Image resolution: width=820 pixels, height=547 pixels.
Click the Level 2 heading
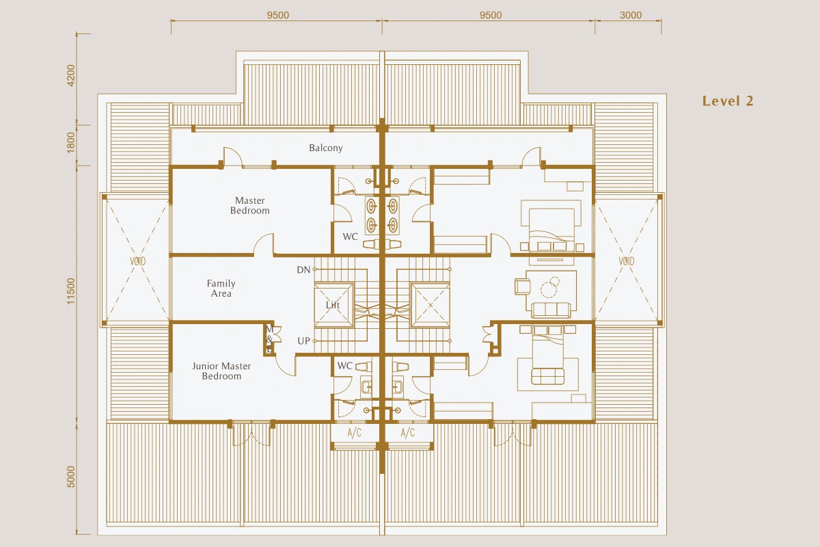(x=728, y=101)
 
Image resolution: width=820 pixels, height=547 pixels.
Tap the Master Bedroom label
(x=250, y=206)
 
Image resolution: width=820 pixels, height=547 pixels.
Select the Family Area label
(x=221, y=289)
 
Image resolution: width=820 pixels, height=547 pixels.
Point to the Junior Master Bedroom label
(x=221, y=371)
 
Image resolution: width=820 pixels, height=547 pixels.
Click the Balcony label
(x=326, y=148)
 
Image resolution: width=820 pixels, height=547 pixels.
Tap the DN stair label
(x=303, y=270)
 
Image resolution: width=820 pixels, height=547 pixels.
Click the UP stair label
(x=304, y=341)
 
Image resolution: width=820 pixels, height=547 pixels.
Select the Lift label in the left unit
(x=333, y=305)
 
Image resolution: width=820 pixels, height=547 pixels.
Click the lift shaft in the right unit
(x=430, y=305)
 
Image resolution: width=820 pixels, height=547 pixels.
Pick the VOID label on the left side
(x=137, y=261)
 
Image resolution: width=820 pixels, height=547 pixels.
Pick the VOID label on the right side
(x=627, y=261)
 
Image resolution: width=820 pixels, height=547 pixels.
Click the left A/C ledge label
(x=355, y=433)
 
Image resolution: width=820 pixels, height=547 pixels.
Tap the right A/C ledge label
(x=408, y=433)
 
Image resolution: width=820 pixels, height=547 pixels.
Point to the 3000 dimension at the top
(x=631, y=15)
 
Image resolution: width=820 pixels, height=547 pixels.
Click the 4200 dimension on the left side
(x=70, y=75)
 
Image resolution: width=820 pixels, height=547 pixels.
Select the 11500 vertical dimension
(x=70, y=291)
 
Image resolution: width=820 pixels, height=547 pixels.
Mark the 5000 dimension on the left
(x=70, y=477)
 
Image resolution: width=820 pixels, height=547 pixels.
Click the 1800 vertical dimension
(x=70, y=142)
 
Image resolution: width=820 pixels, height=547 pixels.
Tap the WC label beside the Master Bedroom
(x=350, y=237)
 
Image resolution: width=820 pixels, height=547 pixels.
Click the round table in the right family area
(x=549, y=289)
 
